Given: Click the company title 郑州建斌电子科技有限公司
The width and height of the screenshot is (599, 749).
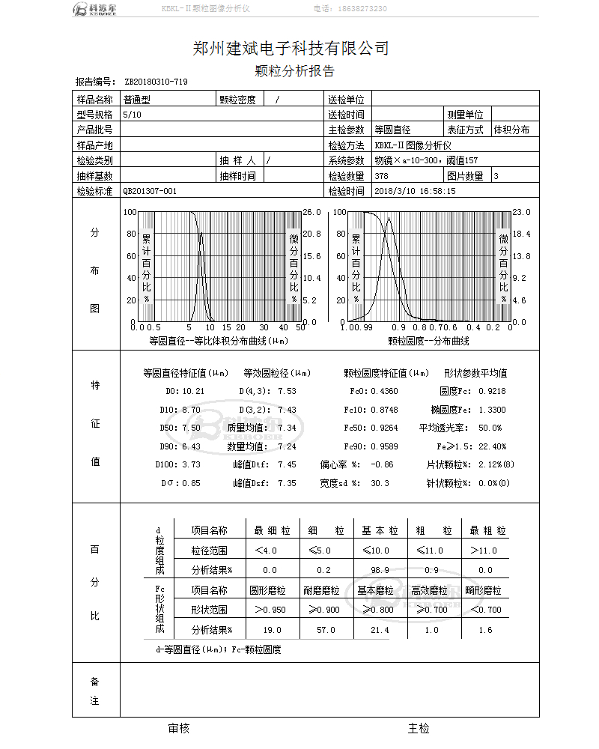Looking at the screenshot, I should (x=291, y=49).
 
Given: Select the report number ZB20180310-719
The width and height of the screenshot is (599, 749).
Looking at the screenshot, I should (x=156, y=82).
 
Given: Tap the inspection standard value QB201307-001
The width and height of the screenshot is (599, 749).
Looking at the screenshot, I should (x=150, y=191).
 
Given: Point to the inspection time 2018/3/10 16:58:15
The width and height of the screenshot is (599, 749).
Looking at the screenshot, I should (x=415, y=191).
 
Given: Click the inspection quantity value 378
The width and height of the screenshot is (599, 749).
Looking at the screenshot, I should (x=381, y=176).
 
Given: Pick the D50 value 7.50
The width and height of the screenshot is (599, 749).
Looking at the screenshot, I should (x=191, y=428).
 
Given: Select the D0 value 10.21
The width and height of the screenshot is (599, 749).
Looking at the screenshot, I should (x=193, y=391).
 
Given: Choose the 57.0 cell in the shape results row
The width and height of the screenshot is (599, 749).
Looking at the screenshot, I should (x=326, y=630).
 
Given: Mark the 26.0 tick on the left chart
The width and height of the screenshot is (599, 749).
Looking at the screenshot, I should (x=311, y=212).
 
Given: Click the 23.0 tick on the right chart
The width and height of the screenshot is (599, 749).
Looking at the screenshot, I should (x=521, y=212).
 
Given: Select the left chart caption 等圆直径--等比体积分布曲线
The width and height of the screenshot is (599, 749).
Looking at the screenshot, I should (x=219, y=341).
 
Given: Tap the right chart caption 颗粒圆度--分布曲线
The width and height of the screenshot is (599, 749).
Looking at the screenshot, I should (x=428, y=341).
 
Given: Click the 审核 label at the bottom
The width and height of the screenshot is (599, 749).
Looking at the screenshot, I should (x=179, y=728).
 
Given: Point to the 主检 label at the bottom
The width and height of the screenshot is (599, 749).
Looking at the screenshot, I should (x=419, y=728).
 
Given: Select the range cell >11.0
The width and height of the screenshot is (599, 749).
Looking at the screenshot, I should (x=484, y=551).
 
